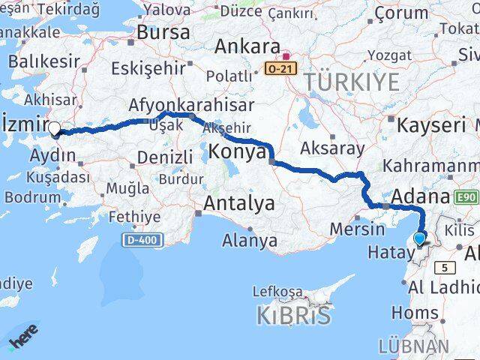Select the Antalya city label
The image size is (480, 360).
pos(239,203)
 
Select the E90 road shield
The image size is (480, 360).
pos(464,196)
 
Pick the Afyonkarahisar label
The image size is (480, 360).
pos(191,105)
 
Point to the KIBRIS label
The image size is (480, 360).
pos(293,316)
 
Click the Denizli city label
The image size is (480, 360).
pos(165,157)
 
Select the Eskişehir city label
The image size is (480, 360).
pos(148,68)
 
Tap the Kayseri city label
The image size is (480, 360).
pos(431,124)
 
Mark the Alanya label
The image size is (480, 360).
pos(250,241)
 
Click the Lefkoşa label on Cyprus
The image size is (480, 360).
pos(277,291)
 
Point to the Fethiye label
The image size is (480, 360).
pos(134,217)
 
